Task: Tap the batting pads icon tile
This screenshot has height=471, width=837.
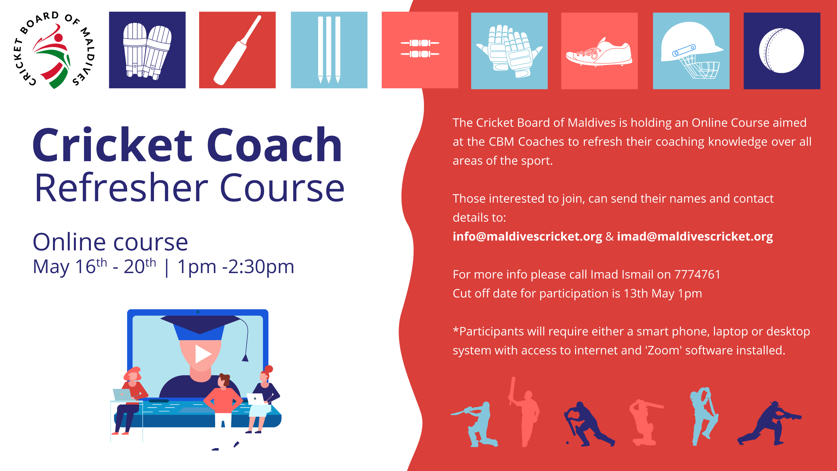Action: [147, 50]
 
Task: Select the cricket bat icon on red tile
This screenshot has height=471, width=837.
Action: [237, 50]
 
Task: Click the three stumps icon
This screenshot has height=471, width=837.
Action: [329, 50]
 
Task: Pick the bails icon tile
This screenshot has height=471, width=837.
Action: [420, 50]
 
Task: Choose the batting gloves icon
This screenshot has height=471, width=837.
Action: [509, 51]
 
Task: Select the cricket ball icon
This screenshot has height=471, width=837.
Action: [782, 51]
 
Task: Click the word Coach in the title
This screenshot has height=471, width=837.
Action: [274, 145]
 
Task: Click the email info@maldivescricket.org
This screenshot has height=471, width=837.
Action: [527, 236]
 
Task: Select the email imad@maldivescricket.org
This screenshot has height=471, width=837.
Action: [695, 236]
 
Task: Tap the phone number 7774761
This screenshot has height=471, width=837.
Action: [697, 274]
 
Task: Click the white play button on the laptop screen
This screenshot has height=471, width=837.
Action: [203, 354]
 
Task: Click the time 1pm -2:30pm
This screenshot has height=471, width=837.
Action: [236, 267]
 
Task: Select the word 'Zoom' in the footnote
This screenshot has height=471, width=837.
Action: [663, 350]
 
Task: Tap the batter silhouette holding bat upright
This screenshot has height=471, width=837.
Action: [524, 412]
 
